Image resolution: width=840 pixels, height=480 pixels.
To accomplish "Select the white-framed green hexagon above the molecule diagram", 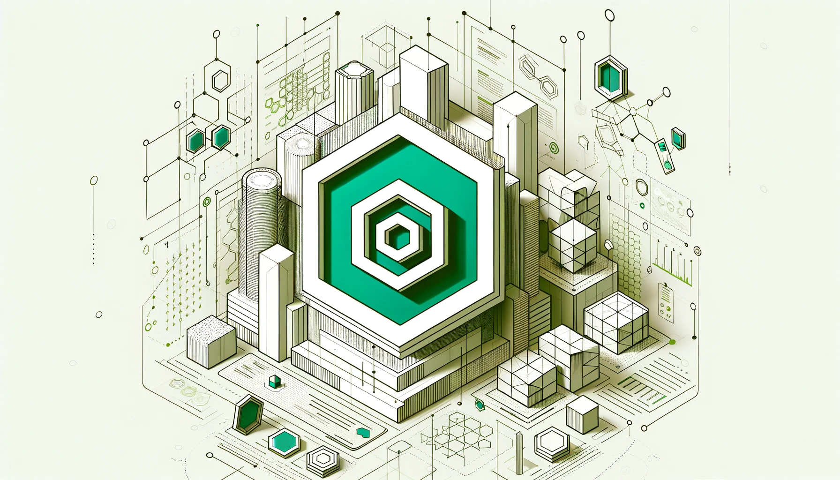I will pos(610,76).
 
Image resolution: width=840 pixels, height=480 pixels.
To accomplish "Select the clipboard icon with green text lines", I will pos(666,302).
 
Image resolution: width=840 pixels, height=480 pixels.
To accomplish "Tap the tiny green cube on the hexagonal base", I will pos(275,382).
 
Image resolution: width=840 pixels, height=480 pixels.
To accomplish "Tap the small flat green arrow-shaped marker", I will pos(362,431).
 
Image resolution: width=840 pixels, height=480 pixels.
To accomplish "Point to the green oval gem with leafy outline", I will pos(479,404).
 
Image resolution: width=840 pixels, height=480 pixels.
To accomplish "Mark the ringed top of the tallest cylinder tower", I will pos(261,180).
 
